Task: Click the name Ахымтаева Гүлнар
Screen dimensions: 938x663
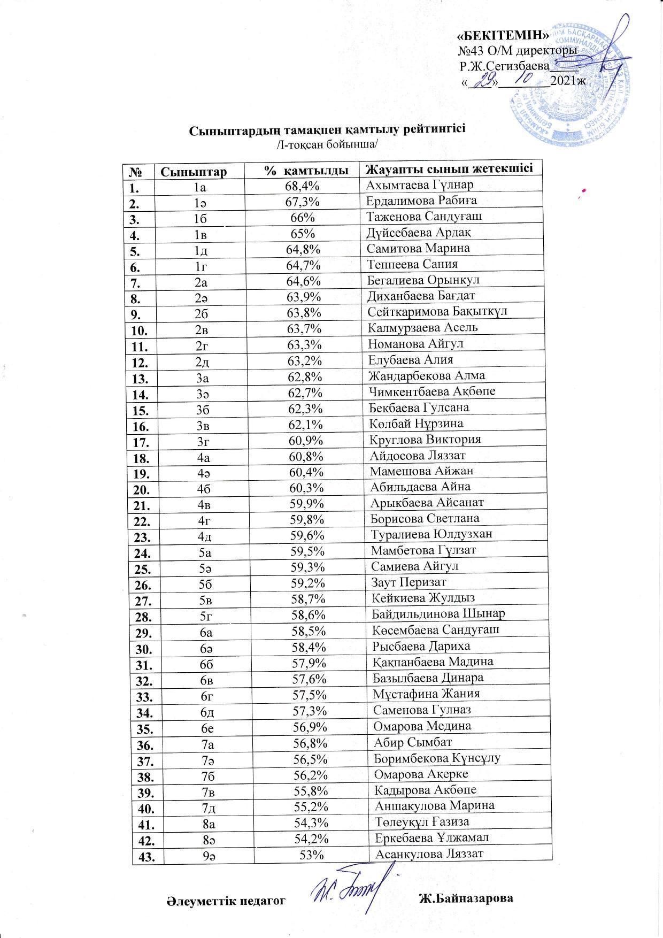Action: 420,185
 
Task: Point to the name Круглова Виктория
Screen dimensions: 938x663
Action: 425,440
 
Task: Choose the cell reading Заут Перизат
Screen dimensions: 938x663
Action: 408,582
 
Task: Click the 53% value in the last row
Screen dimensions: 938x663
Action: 312,855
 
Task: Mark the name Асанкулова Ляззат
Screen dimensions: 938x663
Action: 430,854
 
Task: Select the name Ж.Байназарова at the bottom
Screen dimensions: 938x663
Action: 466,898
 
